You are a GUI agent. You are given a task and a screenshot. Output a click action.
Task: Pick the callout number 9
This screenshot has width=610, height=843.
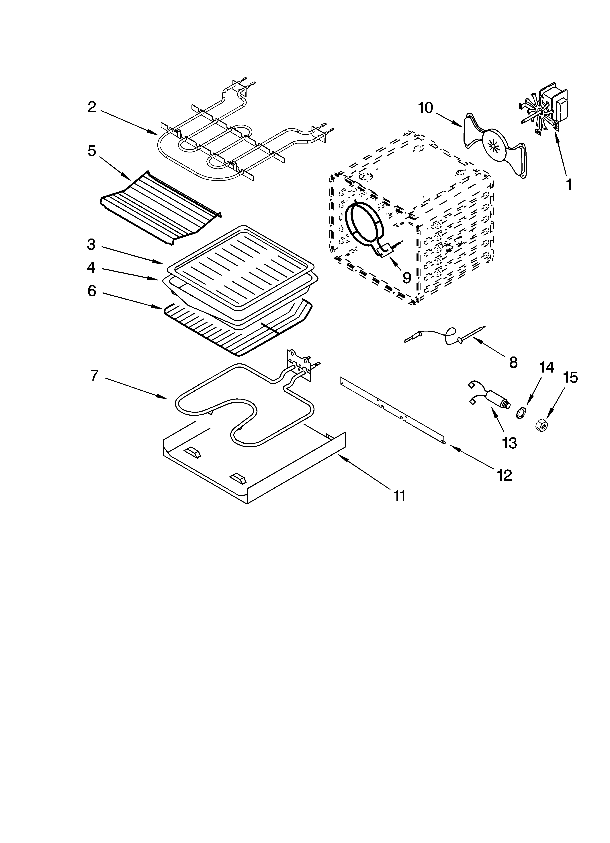407,277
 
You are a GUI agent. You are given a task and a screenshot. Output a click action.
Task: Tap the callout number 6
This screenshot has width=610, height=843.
92,291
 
